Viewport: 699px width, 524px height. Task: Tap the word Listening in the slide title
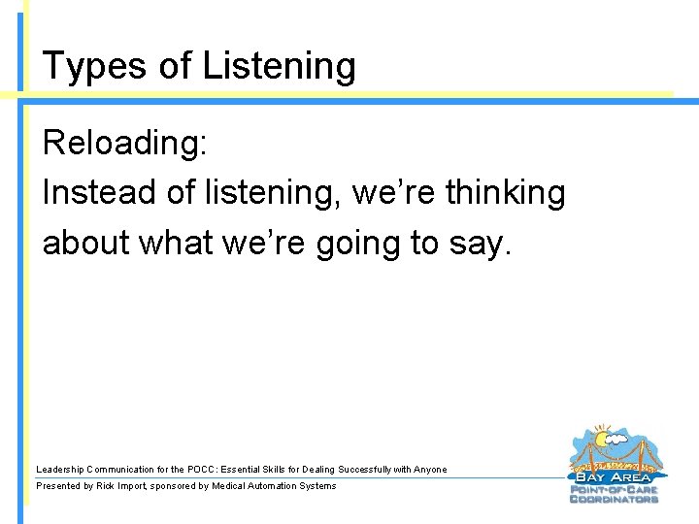(x=280, y=66)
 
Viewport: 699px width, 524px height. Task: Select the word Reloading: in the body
(x=124, y=144)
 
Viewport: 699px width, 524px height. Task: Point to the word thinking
(x=505, y=192)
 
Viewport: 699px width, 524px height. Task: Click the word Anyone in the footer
(x=430, y=470)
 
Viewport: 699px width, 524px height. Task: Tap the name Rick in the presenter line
(x=107, y=486)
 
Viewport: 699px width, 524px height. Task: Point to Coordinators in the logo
(x=614, y=499)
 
